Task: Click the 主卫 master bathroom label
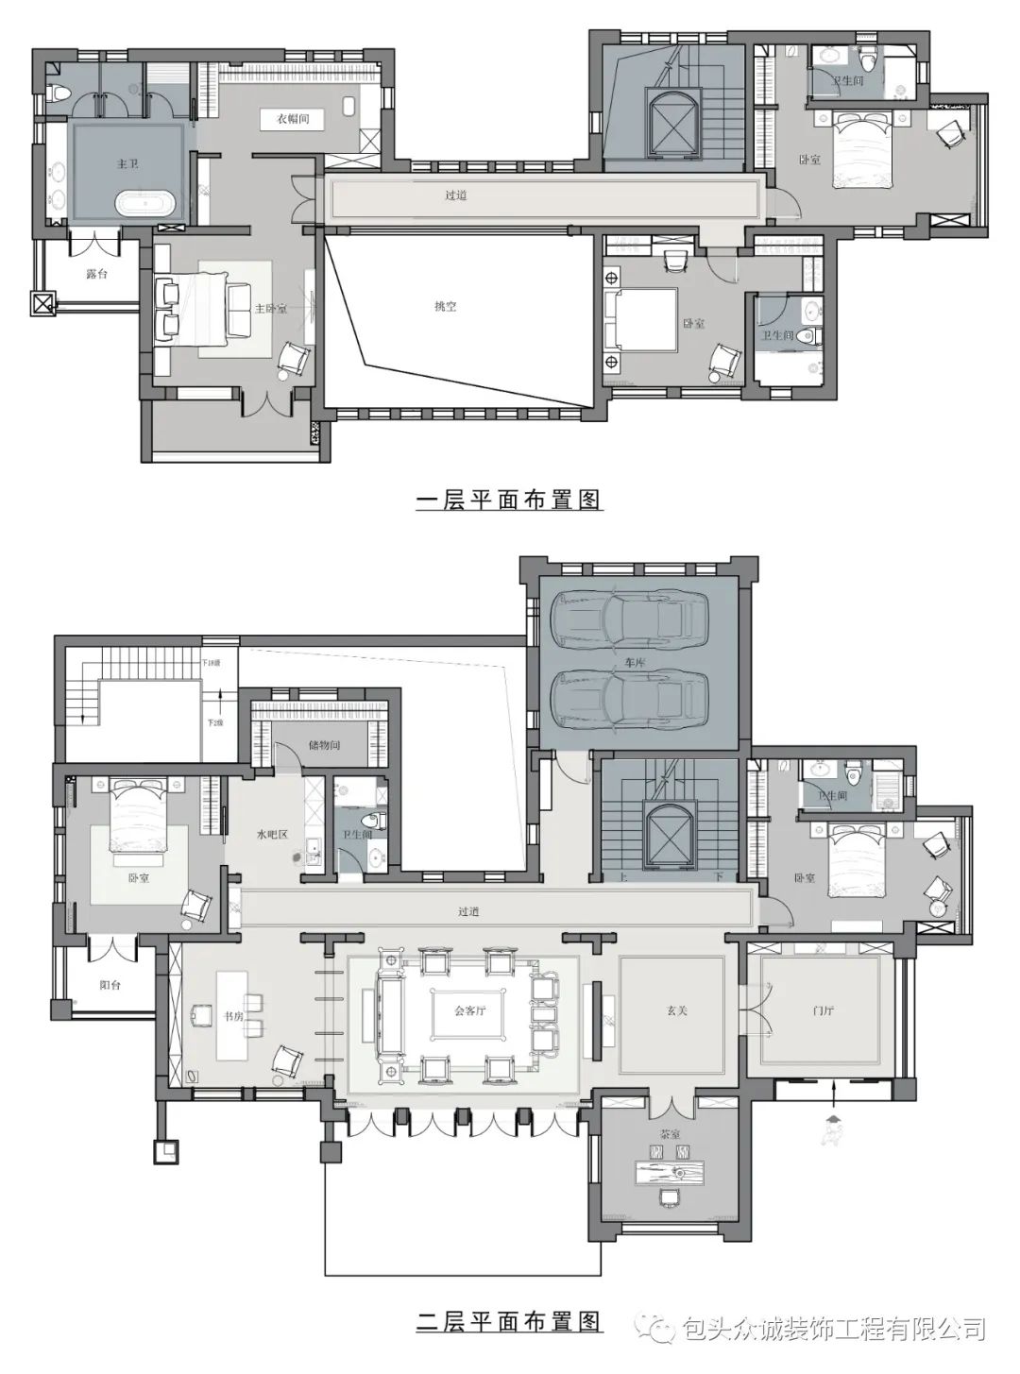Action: coord(127,164)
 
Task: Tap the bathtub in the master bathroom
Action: coord(146,203)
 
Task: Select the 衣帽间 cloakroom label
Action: coord(293,120)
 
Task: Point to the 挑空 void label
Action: coord(445,307)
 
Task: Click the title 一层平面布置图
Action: coord(509,500)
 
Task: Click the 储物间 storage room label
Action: coord(323,746)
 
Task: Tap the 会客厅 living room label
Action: coord(470,1010)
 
